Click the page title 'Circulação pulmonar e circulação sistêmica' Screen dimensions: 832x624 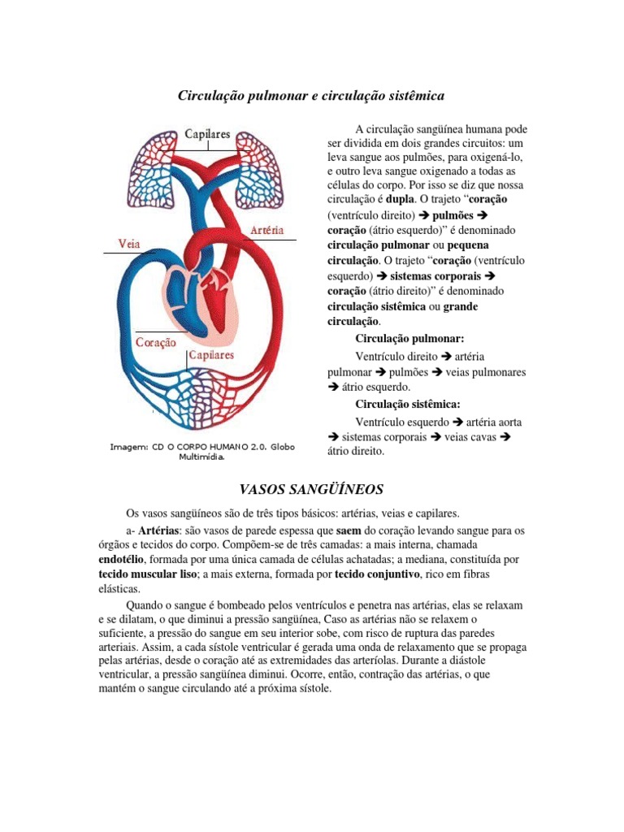pos(311,96)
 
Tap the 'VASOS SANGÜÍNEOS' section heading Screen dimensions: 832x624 pos(311,489)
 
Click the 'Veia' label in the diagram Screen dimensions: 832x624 pos(133,243)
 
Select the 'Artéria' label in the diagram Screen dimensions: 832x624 pos(267,230)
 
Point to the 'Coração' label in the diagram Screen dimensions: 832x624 pos(156,343)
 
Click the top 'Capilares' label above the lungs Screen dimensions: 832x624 pos(207,133)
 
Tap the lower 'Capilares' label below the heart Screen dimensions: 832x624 pos(211,355)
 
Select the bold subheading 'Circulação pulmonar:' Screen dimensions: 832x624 pos(409,340)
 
